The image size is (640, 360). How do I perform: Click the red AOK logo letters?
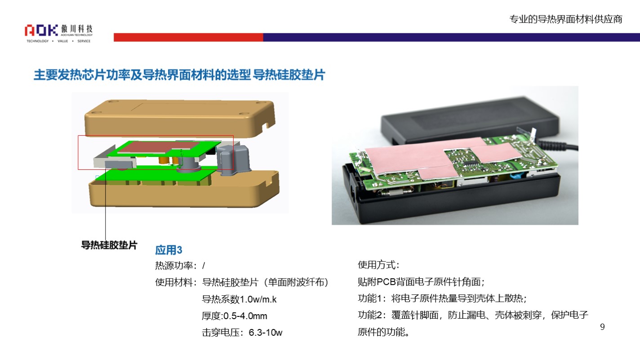pyautogui.click(x=41, y=30)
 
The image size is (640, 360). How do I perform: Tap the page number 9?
pyautogui.click(x=602, y=327)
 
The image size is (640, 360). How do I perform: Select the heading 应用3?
pyautogui.click(x=169, y=250)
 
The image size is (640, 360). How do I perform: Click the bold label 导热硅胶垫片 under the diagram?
pyautogui.click(x=109, y=245)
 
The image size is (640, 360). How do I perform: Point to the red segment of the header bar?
pyautogui.click(x=188, y=37)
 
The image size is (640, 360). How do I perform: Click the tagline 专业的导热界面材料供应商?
pyautogui.click(x=566, y=19)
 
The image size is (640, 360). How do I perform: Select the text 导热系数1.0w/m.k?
pyautogui.click(x=239, y=299)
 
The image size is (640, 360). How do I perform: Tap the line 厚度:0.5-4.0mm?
pyautogui.click(x=234, y=316)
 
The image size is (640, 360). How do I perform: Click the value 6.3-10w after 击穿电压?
pyautogui.click(x=266, y=332)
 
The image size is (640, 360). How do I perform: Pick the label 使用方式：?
pyautogui.click(x=378, y=265)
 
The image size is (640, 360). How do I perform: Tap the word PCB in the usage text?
pyautogui.click(x=386, y=282)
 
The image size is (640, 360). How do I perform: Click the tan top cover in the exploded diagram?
pyautogui.click(x=179, y=118)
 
